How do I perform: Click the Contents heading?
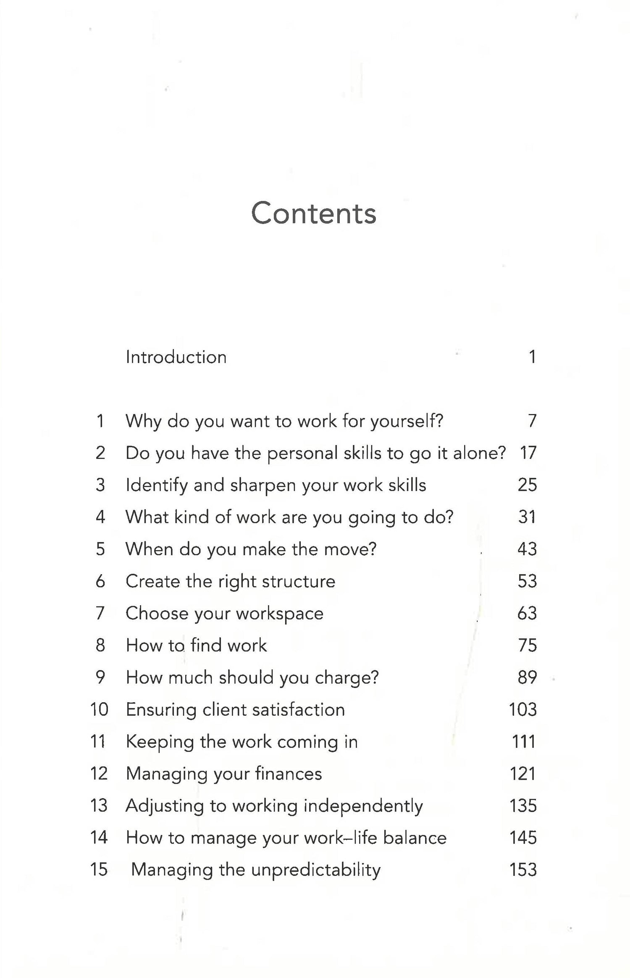(x=313, y=214)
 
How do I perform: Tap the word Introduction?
(x=176, y=357)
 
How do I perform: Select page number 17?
(x=528, y=453)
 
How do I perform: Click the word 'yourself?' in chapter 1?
(x=407, y=421)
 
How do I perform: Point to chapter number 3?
(x=100, y=485)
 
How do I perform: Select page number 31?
(x=527, y=517)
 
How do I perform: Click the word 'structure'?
(x=298, y=581)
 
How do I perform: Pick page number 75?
(x=528, y=645)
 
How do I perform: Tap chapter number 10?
(x=99, y=709)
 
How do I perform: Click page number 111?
(x=523, y=742)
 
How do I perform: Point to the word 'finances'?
(x=288, y=774)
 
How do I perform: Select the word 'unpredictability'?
(x=316, y=870)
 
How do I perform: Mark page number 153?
(x=523, y=870)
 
